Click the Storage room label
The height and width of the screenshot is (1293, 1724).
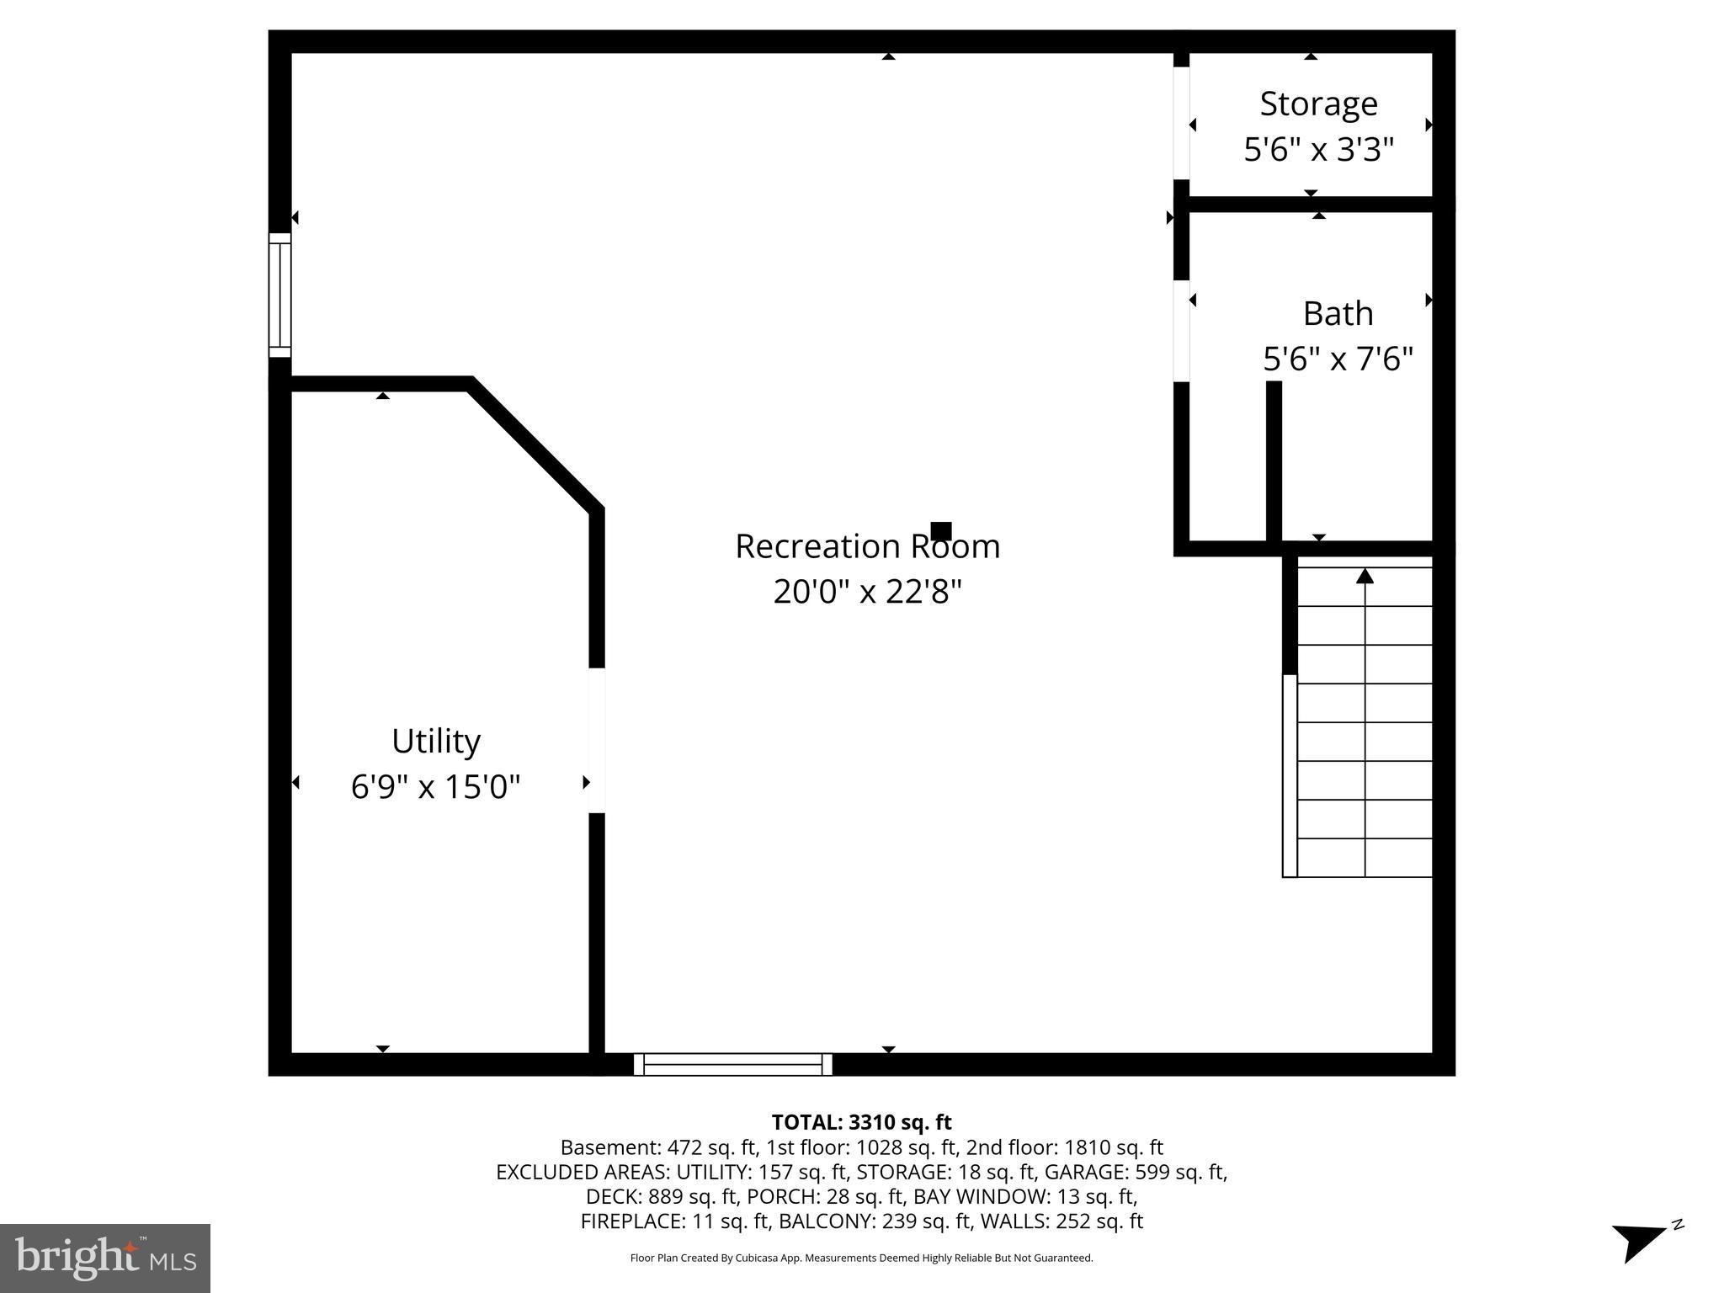pos(1318,104)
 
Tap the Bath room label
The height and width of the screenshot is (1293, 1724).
pos(1338,314)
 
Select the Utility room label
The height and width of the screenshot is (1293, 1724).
pos(436,742)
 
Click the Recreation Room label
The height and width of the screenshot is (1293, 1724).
pos(867,546)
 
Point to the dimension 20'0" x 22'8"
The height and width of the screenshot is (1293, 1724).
pos(867,592)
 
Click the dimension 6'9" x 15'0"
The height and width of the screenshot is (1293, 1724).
pos(436,787)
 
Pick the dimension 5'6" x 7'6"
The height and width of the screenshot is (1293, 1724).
pos(1338,359)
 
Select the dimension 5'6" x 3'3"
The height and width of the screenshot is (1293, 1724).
pos(1318,150)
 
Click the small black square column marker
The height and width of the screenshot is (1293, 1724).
pos(941,531)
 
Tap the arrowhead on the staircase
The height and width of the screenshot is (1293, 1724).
pos(1365,577)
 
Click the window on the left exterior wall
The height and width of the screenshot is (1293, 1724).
pos(279,295)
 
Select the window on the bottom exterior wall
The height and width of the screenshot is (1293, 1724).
pos(732,1064)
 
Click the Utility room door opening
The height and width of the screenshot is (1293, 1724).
pos(596,741)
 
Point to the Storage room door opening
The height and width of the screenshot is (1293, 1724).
pos(1181,123)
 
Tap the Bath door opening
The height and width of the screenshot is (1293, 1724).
pos(1181,331)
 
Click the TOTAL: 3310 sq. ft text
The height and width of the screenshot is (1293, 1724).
pos(861,1122)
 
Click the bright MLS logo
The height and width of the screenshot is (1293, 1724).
pos(105,1258)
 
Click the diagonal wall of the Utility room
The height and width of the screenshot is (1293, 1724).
pos(535,446)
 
